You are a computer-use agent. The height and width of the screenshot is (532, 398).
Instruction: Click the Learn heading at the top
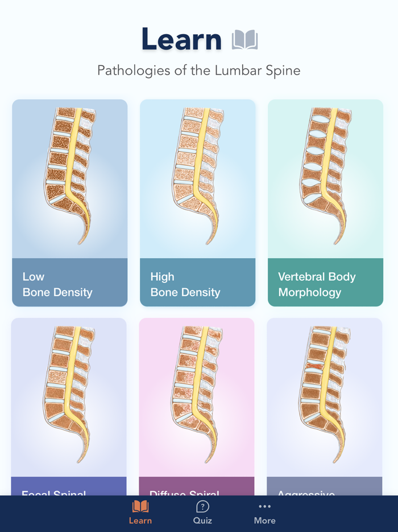181,39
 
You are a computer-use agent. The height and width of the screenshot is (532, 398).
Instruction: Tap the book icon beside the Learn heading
245,40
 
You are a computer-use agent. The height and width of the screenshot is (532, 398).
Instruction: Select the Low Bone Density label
57,285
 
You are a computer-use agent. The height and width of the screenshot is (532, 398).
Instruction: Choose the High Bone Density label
185,285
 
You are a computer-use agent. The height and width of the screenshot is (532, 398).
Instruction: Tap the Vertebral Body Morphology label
317,285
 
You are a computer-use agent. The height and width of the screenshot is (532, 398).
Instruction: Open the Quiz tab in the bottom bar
202,520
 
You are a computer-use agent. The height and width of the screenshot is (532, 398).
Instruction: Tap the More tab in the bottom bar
265,520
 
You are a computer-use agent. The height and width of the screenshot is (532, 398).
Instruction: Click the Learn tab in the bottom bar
140,520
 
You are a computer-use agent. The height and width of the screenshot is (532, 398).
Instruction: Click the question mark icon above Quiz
202,506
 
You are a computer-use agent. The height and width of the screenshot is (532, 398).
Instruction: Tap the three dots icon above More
265,506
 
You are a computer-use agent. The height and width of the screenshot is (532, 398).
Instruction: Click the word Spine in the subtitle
284,71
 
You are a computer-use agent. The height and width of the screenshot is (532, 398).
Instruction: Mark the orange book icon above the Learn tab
140,506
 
